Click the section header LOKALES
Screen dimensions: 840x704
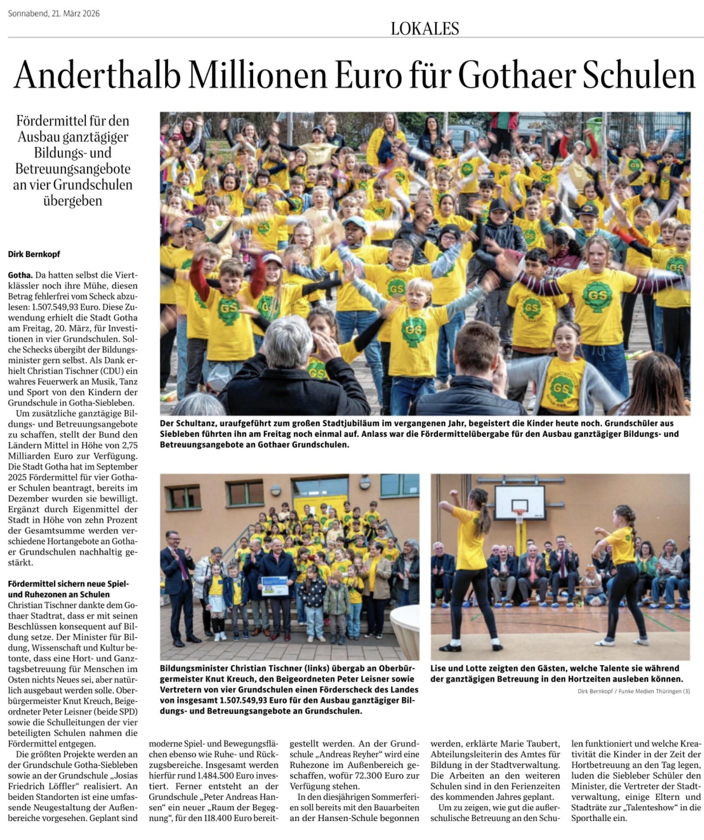tap(424, 28)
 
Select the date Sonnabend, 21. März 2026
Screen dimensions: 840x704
tap(54, 14)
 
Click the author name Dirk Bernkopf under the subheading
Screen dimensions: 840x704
tap(34, 254)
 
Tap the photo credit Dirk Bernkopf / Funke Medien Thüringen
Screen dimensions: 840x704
tap(634, 691)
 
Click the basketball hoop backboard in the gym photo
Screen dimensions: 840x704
tap(520, 502)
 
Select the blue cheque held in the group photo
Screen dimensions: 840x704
tap(274, 586)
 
